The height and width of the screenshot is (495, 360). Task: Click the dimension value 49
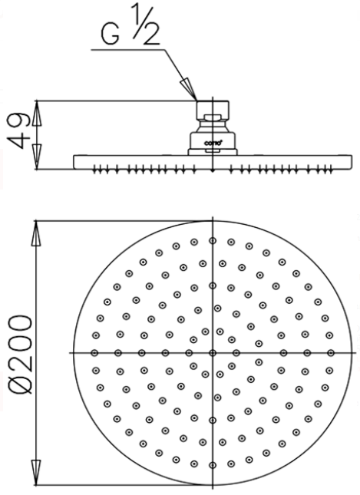tap(21, 132)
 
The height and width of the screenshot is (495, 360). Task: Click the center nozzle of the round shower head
tap(213, 352)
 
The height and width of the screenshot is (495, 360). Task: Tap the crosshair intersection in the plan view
tap(213, 352)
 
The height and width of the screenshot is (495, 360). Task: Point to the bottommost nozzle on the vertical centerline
tap(213, 464)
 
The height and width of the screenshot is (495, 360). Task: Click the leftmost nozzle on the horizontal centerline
tap(95, 352)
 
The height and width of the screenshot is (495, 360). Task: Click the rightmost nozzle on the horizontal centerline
tap(330, 352)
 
